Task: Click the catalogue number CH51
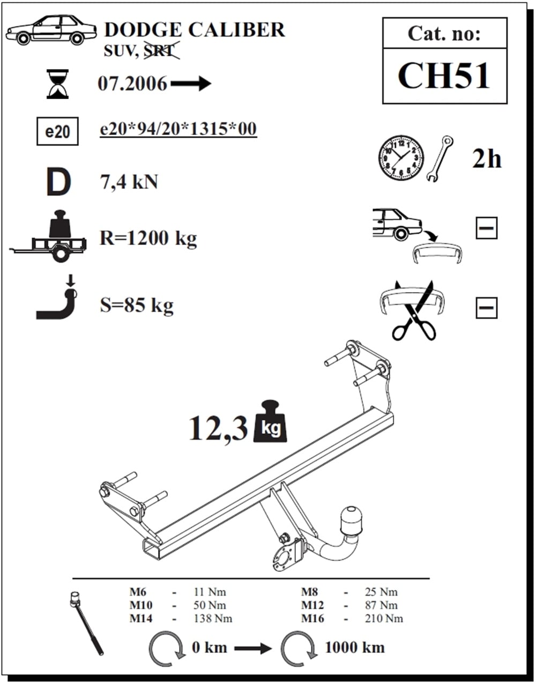(x=444, y=76)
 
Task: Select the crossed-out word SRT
(x=161, y=50)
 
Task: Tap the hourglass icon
(x=57, y=84)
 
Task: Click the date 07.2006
(x=132, y=84)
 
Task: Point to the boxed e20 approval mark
(x=57, y=131)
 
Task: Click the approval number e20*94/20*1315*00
(x=178, y=129)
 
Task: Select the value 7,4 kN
(x=129, y=182)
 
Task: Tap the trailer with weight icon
(x=48, y=236)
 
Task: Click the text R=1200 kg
(x=148, y=238)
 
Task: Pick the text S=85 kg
(x=137, y=305)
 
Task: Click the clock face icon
(x=401, y=158)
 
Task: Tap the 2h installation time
(x=487, y=159)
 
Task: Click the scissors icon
(x=414, y=310)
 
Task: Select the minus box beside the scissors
(x=487, y=308)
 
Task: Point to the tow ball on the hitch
(x=351, y=522)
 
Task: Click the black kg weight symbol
(x=270, y=422)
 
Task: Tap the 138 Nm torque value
(x=213, y=619)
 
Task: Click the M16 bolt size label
(x=312, y=619)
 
